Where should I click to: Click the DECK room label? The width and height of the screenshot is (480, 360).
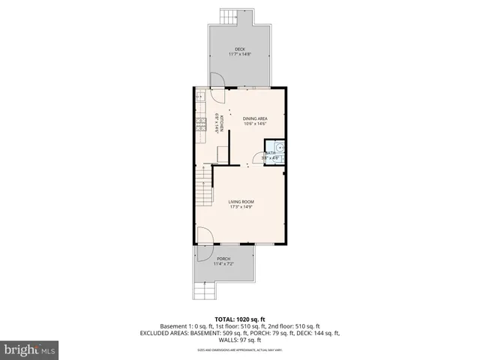tap(239, 49)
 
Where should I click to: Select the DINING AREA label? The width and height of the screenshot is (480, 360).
tap(255, 118)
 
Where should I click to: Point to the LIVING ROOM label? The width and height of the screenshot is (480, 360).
tap(241, 201)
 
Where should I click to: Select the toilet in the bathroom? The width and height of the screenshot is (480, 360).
tap(279, 148)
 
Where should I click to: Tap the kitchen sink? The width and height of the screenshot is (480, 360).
tap(200, 97)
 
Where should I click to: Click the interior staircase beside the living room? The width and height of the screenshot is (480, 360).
tap(202, 187)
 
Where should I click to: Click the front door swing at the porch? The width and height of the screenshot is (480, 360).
tap(206, 236)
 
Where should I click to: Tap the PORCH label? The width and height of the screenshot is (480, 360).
tap(223, 259)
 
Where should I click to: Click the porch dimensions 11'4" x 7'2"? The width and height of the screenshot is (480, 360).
tap(223, 264)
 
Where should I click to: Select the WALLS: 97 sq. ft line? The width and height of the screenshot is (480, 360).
tap(239, 340)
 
